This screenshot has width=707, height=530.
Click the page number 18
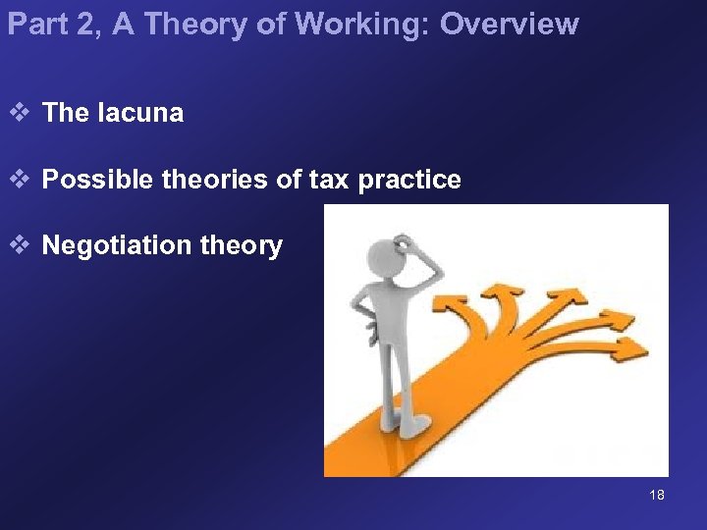coord(657,495)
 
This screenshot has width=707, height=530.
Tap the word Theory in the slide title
coord(200,24)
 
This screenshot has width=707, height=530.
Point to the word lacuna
coord(140,113)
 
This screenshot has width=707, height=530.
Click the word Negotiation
coord(117,245)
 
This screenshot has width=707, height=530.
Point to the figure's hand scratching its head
coord(402,241)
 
